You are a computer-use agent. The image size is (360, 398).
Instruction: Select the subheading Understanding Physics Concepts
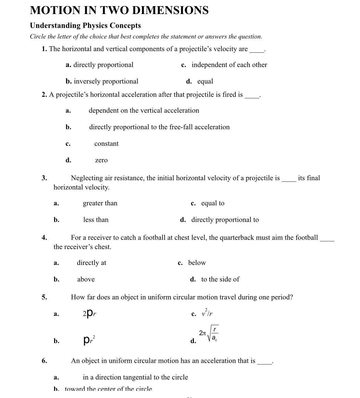point(85,26)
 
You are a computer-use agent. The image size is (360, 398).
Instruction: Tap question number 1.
point(44,49)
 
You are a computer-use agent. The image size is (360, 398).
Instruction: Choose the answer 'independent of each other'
point(229,65)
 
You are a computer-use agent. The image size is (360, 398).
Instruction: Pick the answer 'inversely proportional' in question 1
point(106,81)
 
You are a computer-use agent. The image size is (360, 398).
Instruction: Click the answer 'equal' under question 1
point(205,81)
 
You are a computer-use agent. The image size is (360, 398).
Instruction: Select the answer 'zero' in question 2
point(101,161)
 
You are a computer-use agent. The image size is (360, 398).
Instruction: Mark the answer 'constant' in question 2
point(106,144)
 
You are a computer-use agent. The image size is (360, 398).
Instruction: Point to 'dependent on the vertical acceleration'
point(144,111)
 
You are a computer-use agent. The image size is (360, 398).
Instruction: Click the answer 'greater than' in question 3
point(100,203)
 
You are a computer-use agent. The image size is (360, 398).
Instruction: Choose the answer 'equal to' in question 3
point(213,203)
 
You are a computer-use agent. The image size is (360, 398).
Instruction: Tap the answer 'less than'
point(96,220)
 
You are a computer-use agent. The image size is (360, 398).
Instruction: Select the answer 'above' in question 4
point(86,280)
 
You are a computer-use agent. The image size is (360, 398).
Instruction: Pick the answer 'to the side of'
point(220,280)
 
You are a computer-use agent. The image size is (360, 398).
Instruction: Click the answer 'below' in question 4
point(197,263)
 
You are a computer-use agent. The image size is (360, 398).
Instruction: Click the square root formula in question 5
point(209,334)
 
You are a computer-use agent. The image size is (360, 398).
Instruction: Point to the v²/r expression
point(207,313)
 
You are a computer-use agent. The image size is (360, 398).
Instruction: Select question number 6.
point(44,361)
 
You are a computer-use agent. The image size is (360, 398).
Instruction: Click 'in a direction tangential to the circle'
point(135,377)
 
